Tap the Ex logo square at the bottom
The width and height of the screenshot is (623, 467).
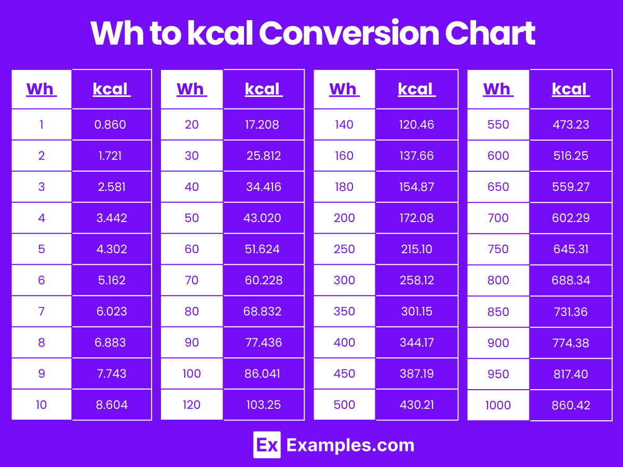(267, 445)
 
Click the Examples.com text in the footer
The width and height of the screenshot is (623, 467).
(350, 445)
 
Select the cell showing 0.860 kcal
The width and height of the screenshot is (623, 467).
(111, 125)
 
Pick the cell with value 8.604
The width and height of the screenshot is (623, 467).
(111, 405)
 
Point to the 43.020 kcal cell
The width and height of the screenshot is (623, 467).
(263, 218)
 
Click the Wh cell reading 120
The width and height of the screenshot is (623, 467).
(192, 405)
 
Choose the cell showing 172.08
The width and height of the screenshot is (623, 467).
(416, 218)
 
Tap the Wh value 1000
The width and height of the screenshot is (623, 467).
(498, 405)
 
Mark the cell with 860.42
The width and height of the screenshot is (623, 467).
(571, 405)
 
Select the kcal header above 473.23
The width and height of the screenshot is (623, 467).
(570, 89)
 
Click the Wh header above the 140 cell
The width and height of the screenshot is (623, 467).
(344, 89)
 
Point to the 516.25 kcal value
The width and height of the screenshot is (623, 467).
(571, 156)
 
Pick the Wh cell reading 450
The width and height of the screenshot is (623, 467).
(344, 374)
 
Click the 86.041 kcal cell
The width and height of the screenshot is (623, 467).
(263, 374)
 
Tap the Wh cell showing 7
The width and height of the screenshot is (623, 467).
(42, 311)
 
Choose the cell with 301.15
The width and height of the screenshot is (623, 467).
(416, 311)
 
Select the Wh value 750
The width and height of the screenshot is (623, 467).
(498, 249)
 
